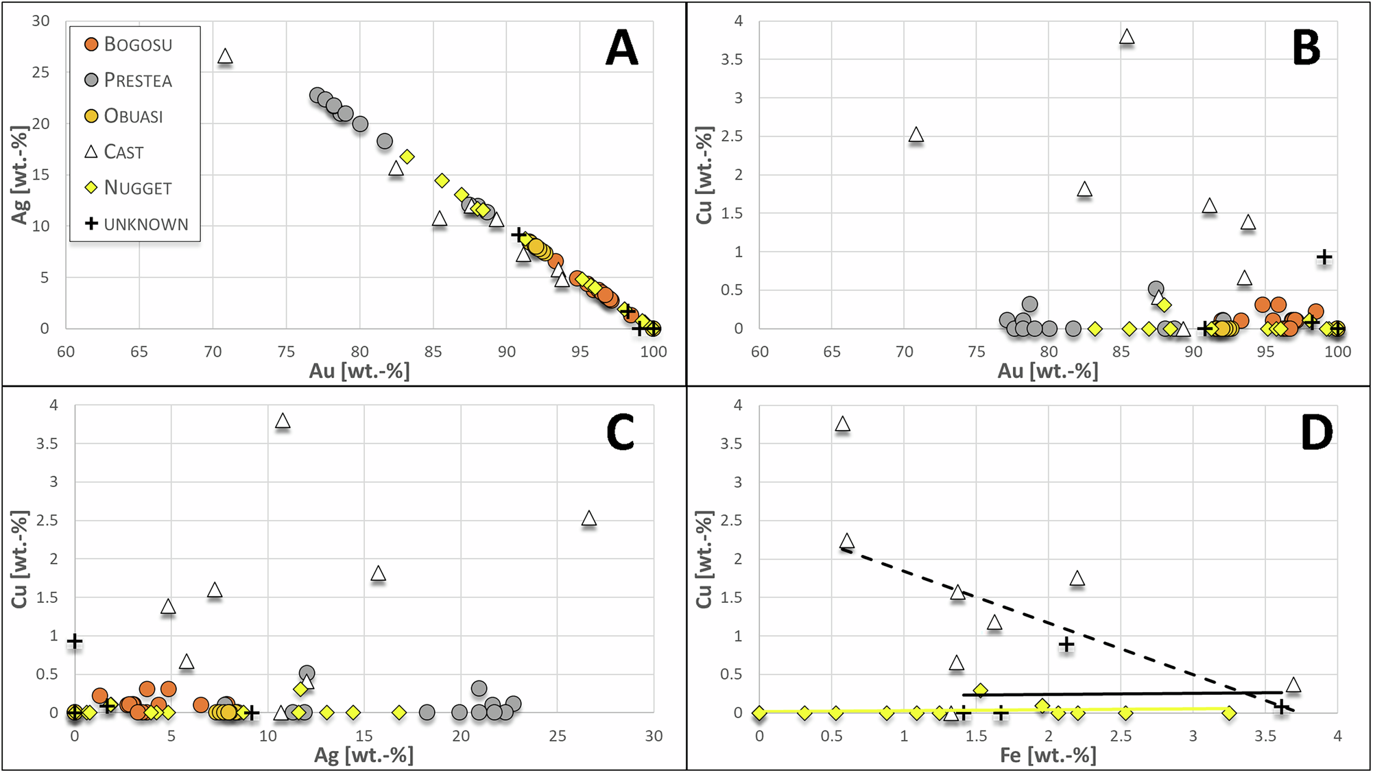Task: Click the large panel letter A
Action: tap(621, 49)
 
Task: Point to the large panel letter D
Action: tap(1316, 433)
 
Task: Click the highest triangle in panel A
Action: tap(225, 57)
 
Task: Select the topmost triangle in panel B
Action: tap(1126, 37)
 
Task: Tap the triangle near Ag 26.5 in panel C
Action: tap(588, 519)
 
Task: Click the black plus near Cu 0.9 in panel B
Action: tap(1324, 257)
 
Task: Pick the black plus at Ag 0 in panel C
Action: tap(75, 642)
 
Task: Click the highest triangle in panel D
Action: tap(842, 425)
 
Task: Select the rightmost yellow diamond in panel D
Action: tap(1229, 713)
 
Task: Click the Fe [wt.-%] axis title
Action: tap(1047, 756)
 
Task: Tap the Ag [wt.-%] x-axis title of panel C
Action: tap(363, 756)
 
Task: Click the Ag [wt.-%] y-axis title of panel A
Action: tap(21, 175)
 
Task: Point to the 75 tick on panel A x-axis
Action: tap(286, 352)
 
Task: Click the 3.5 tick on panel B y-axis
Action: tap(732, 60)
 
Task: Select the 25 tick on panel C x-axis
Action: tap(557, 736)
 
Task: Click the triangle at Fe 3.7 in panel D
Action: tap(1293, 685)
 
